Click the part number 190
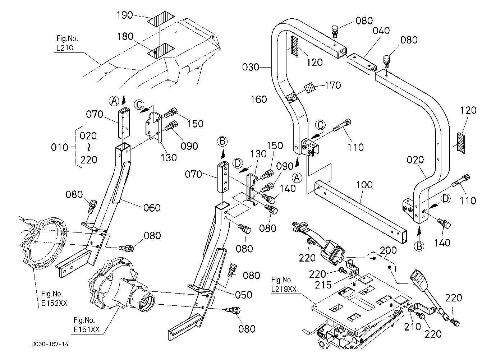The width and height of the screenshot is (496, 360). (125, 15)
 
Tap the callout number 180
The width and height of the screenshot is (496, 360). (125, 37)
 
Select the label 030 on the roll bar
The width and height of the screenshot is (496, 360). (251, 67)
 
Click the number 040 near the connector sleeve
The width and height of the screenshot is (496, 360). (381, 31)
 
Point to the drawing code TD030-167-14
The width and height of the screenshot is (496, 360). (49, 344)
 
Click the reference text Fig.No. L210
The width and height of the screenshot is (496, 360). (67, 43)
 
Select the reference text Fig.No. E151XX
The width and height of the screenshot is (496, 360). (86, 325)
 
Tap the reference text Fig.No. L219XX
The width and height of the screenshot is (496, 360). (284, 285)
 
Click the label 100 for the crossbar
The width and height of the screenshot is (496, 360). (364, 185)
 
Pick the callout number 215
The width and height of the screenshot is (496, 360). (323, 285)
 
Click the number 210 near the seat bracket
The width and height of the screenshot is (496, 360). (413, 327)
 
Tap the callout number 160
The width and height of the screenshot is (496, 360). (259, 100)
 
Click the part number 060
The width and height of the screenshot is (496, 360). (152, 208)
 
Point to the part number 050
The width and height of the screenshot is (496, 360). (244, 295)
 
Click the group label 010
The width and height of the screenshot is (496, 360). (60, 147)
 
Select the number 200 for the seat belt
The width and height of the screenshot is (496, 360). (388, 250)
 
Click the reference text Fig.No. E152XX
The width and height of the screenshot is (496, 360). (55, 299)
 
